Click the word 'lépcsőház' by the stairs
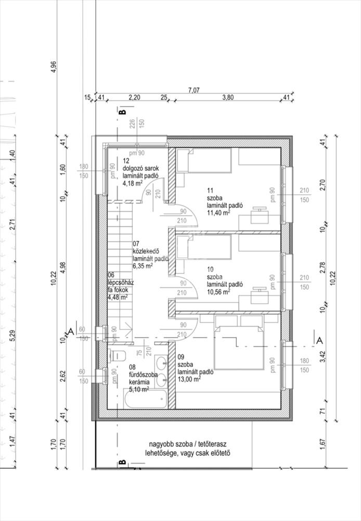pos(121,282)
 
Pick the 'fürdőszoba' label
pos(143,375)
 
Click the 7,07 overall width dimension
pos(194,90)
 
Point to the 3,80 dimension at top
pos(228,97)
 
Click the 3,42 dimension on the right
pos(323,356)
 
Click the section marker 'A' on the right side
pos(319,341)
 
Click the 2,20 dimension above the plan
pos(134,97)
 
